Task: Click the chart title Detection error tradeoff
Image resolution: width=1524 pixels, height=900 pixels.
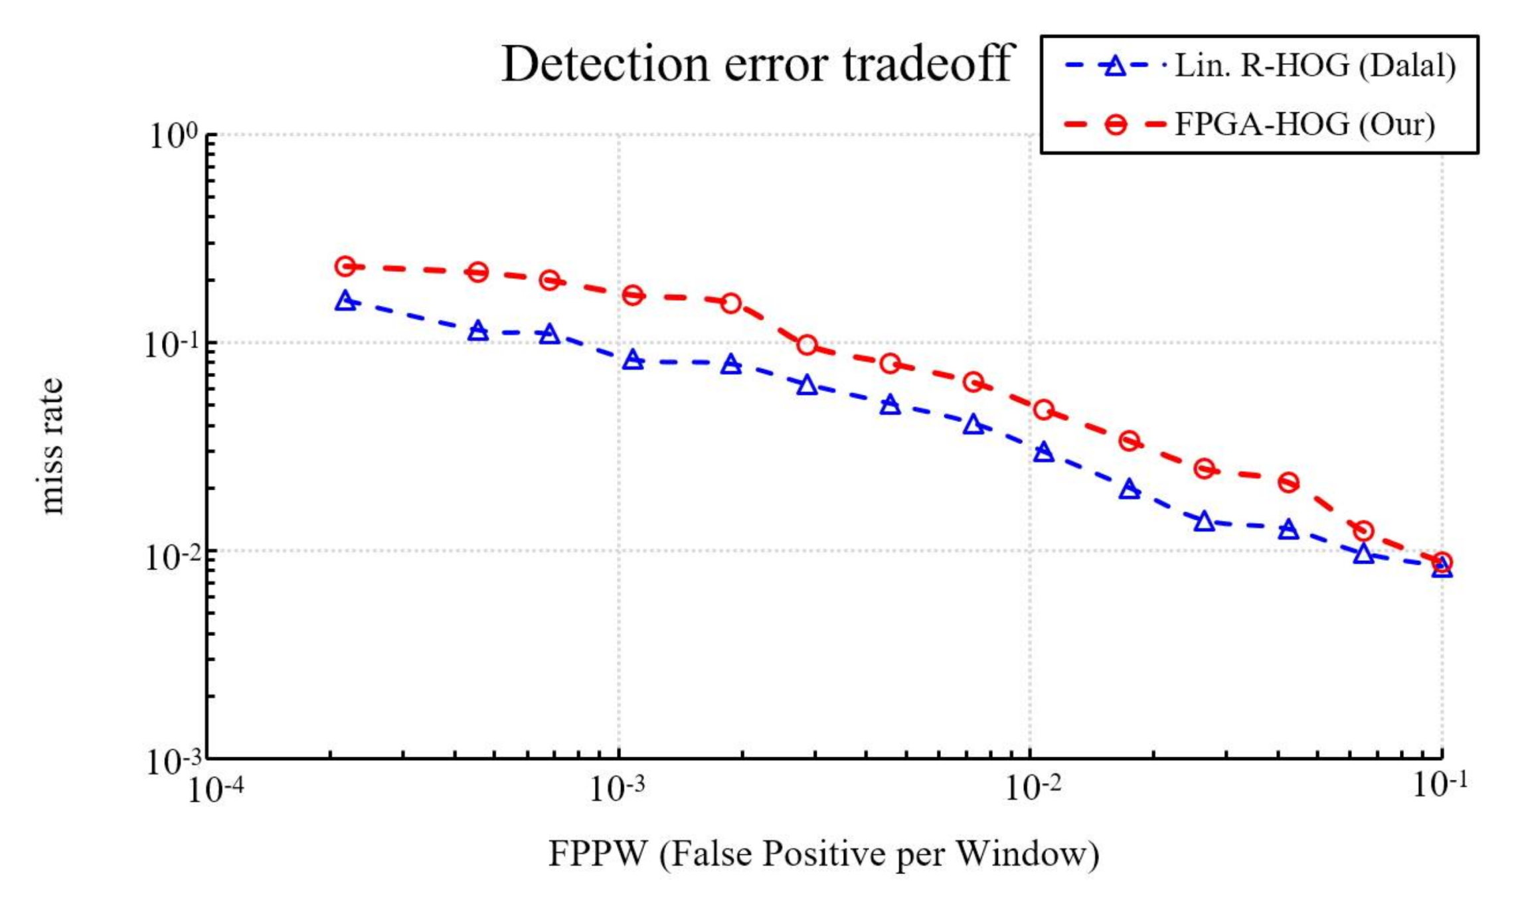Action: pos(757,64)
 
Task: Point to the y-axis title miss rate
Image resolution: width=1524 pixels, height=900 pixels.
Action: pos(51,446)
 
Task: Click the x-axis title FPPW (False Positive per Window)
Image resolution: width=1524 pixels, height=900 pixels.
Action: pos(823,853)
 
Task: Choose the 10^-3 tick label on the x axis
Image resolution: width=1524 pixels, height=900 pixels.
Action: pos(618,788)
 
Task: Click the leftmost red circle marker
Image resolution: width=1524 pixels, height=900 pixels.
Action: pos(345,267)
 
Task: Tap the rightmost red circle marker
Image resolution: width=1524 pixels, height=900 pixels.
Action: pos(1442,562)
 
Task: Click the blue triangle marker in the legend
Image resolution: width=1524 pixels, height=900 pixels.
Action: pos(1115,66)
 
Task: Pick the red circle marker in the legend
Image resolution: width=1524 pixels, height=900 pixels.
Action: pos(1116,125)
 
